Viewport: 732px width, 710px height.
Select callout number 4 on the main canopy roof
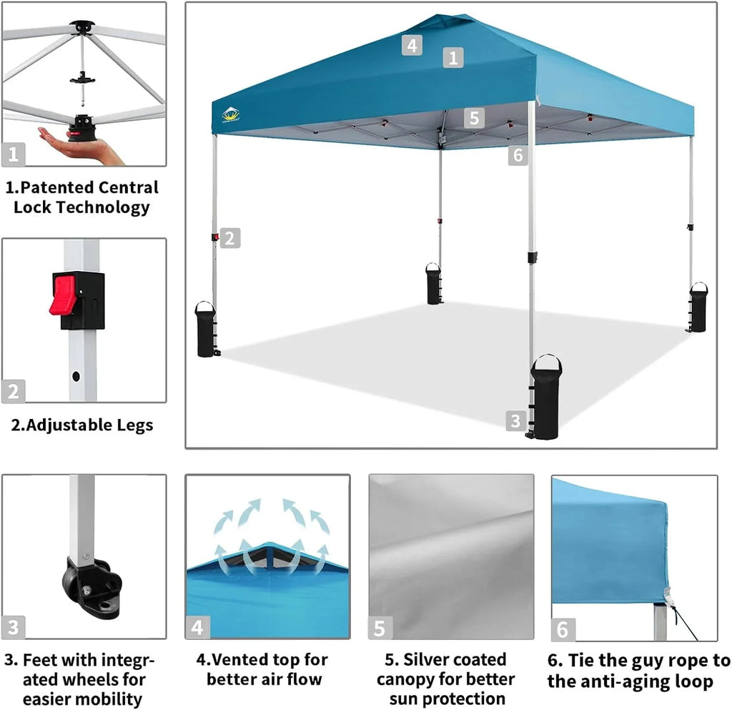pos(411,45)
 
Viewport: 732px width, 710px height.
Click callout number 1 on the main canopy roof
pos(452,57)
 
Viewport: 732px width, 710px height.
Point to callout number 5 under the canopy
pos(474,117)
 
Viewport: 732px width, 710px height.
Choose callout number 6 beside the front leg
pos(518,154)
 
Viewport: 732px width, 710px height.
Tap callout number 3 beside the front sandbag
pos(515,420)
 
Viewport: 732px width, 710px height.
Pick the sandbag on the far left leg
pos(205,330)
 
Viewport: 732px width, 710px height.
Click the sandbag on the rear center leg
pos(434,284)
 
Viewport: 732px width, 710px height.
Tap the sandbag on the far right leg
pos(698,308)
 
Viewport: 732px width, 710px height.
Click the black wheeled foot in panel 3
pos(89,586)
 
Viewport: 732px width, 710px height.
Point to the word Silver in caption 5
pos(430,659)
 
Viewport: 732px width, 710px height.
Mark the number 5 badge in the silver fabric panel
pos(380,628)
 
